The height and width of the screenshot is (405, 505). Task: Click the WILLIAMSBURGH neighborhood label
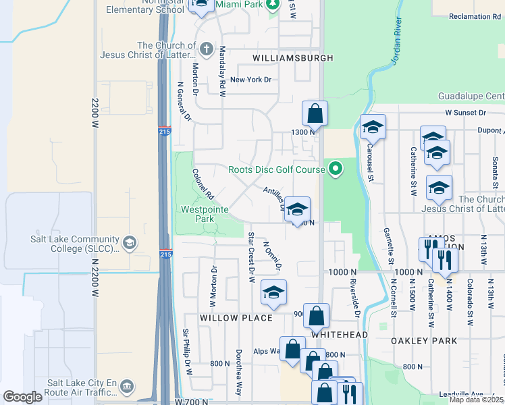pos(293,58)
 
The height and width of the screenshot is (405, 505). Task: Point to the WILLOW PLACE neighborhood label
pos(236,317)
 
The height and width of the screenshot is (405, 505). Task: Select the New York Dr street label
pos(250,80)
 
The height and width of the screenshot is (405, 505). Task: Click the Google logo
pos(22,397)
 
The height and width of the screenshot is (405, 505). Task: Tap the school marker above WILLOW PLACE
pos(274,292)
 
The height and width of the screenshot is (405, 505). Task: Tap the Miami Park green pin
pos(272,6)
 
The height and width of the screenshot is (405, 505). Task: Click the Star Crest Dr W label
pos(251,257)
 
